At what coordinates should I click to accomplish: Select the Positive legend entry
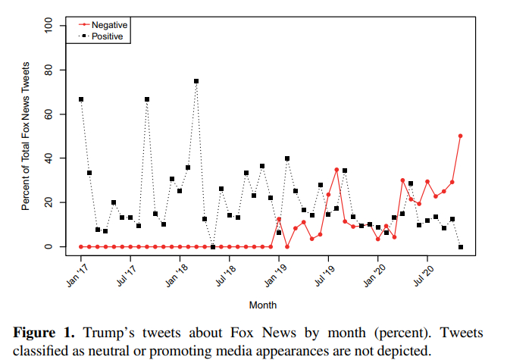pos(107,36)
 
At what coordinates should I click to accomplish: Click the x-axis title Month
pos(262,305)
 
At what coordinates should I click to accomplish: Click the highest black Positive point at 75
pos(196,81)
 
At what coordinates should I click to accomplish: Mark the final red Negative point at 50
pos(460,136)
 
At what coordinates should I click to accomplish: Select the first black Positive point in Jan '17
pos(81,99)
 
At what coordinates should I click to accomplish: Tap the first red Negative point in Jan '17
pos(81,246)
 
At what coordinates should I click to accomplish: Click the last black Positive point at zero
pos(460,246)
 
